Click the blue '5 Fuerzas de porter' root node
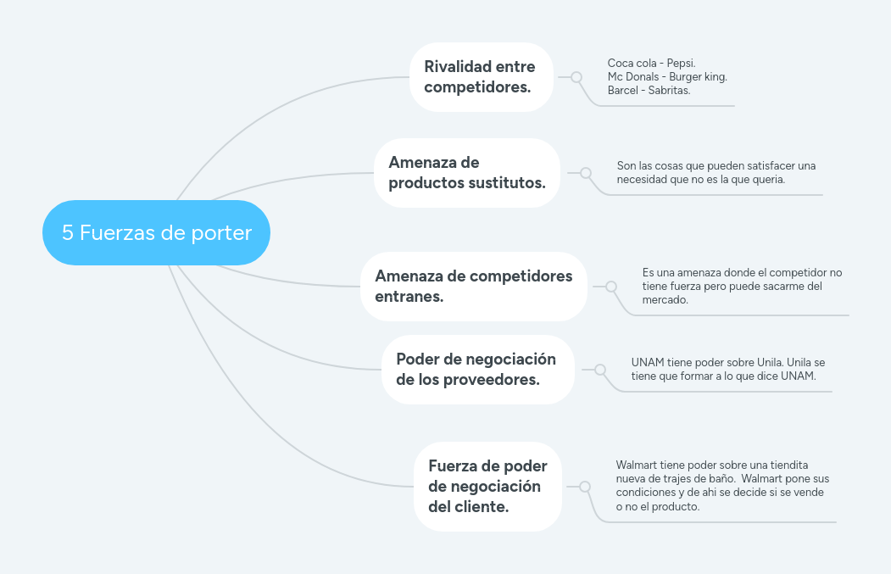click(156, 233)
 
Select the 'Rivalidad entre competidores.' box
click(481, 76)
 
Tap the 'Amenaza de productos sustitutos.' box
click(467, 172)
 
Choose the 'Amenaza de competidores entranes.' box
click(473, 286)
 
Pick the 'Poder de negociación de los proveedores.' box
click(477, 369)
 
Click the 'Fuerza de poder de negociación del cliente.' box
click(487, 487)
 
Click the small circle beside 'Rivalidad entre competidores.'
click(576, 76)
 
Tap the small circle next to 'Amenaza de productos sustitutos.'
click(586, 172)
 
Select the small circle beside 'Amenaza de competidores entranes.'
click(611, 287)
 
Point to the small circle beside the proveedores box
click(600, 370)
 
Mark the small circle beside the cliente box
click(584, 487)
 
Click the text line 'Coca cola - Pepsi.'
click(651, 64)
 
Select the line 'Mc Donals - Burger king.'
click(667, 76)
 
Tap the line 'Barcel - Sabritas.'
click(649, 90)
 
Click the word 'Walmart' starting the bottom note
click(637, 465)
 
